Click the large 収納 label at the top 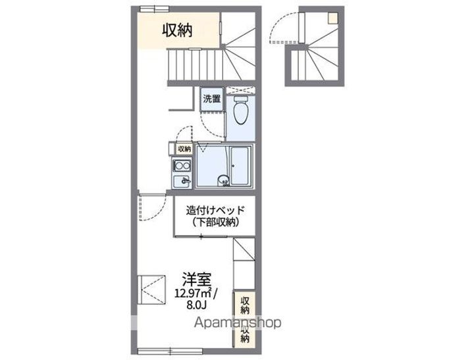click(x=178, y=30)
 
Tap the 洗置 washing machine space click(x=211, y=99)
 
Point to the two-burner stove click(x=182, y=165)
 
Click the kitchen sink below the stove click(x=182, y=181)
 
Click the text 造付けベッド click(x=215, y=211)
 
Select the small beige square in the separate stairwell click(x=334, y=18)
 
